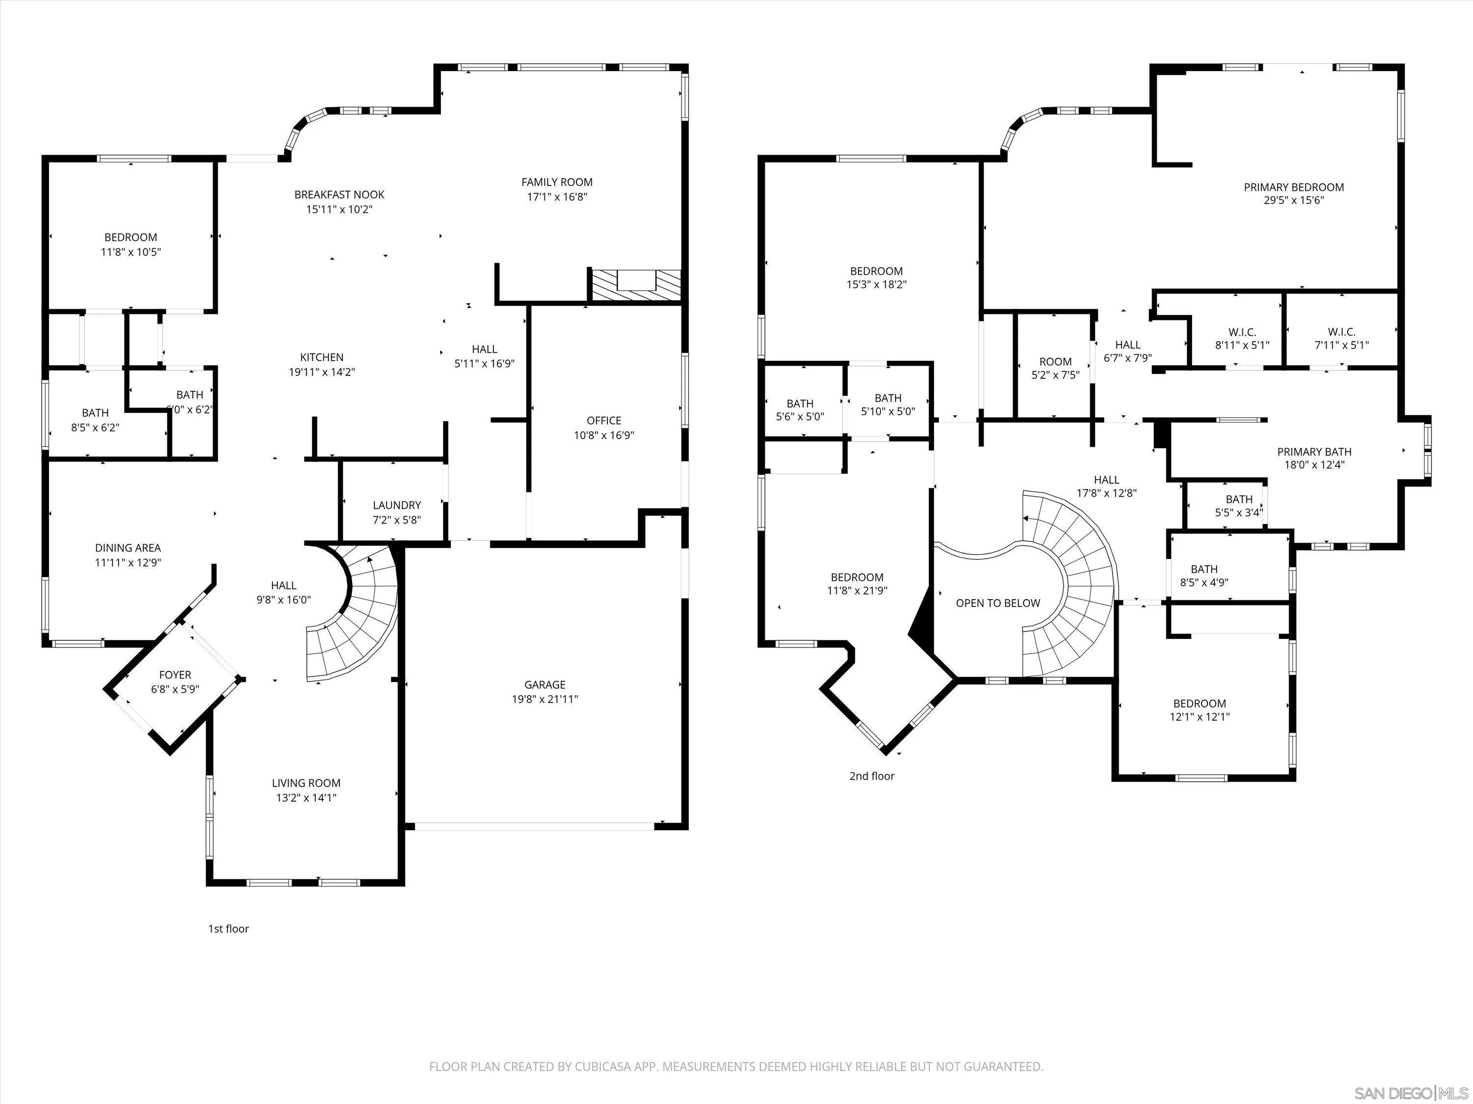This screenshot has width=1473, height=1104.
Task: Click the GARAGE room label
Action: click(544, 684)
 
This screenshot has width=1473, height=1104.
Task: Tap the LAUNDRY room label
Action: click(396, 505)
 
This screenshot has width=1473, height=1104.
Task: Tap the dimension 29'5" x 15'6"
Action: click(1293, 200)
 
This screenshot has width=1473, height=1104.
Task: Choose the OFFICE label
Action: click(603, 421)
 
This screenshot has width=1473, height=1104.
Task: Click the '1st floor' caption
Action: click(228, 928)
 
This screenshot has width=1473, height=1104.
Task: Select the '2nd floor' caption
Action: click(871, 776)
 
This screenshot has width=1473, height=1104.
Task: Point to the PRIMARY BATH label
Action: click(1314, 451)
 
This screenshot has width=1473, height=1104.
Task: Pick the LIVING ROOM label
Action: click(306, 783)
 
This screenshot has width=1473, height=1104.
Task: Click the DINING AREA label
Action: click(127, 548)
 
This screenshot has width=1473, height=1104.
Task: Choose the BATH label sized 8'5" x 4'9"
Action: click(1203, 569)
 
